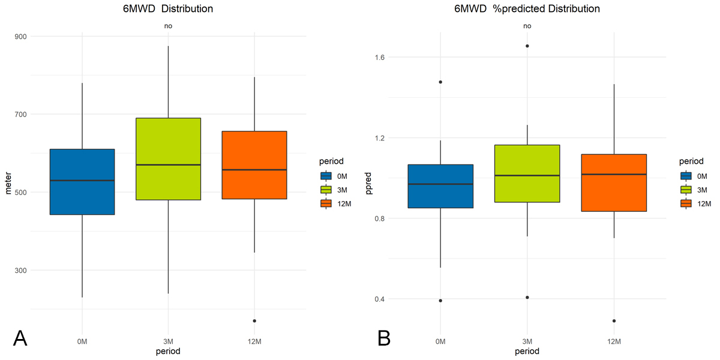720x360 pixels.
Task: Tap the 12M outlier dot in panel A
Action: (x=254, y=321)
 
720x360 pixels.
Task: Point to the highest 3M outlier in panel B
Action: (x=527, y=46)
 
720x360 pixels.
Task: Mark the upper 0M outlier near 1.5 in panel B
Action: (x=440, y=82)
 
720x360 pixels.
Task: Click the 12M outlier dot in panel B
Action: (x=614, y=321)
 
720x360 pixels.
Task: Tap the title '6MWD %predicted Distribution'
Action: (x=527, y=9)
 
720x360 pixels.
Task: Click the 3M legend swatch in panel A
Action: (x=326, y=190)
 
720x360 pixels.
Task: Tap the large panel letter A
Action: (x=20, y=339)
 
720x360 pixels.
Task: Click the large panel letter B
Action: (x=385, y=339)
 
